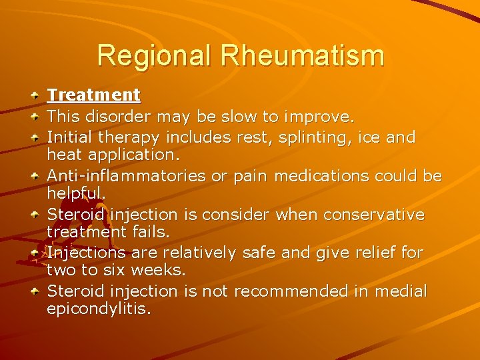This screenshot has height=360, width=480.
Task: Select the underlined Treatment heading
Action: pos(93,95)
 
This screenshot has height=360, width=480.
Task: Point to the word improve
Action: pos(319,117)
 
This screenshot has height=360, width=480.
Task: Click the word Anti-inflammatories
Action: pos(126,176)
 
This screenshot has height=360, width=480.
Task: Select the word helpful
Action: pos(75,193)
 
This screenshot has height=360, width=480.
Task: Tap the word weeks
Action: pos(159,270)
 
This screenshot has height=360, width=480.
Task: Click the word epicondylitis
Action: pos(99,309)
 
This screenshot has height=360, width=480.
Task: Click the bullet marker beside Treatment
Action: pos(35,95)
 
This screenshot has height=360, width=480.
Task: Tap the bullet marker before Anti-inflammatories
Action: pos(35,176)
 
